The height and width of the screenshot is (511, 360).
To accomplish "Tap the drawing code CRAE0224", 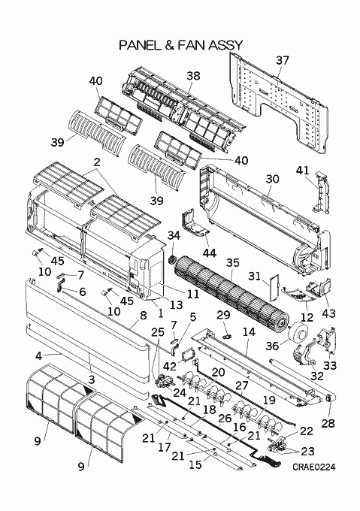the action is pyautogui.click(x=313, y=467).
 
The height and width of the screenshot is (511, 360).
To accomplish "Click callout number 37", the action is pyautogui.click(x=283, y=60).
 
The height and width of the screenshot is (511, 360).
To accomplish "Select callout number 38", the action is pyautogui.click(x=193, y=76).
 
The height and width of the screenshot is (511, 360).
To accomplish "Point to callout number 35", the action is pyautogui.click(x=233, y=263).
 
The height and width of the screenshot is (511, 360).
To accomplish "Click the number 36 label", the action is pyautogui.click(x=272, y=346).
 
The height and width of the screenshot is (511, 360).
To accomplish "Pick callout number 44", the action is pyautogui.click(x=210, y=253).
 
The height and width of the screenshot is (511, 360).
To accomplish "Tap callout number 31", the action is pyautogui.click(x=254, y=277).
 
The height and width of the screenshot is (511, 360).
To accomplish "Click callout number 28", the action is pyautogui.click(x=328, y=423).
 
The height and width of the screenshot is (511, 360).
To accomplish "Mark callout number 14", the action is pyautogui.click(x=249, y=331).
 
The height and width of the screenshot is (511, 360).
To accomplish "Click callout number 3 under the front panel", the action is pyautogui.click(x=92, y=379).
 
